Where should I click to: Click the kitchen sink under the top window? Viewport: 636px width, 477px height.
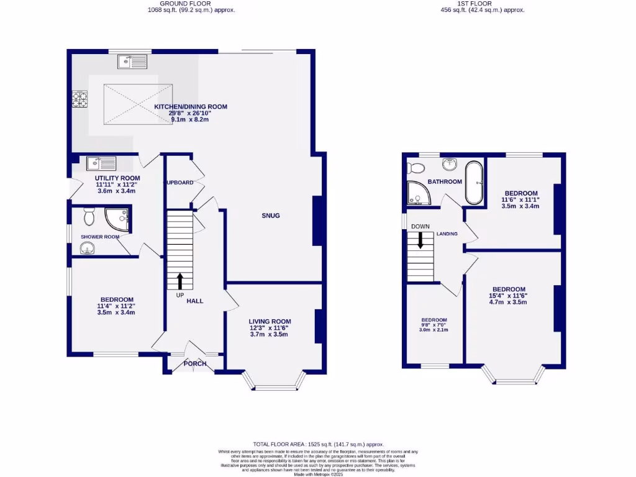coord(131,61)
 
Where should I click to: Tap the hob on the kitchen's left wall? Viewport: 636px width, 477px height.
coord(79,99)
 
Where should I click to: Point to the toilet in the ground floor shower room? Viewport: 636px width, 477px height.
coord(88,217)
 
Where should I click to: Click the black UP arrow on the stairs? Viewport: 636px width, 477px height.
coord(180,281)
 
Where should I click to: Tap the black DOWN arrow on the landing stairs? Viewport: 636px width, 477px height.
coord(420,240)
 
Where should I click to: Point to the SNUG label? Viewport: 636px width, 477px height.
coord(271,216)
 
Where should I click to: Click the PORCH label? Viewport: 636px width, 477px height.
coord(194,363)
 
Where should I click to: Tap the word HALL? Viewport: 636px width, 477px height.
coord(195,301)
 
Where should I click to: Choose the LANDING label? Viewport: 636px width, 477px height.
coord(447,234)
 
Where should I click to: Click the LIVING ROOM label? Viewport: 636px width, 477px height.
coord(269,320)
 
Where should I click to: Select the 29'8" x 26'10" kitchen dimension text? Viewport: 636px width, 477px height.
coord(191,113)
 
